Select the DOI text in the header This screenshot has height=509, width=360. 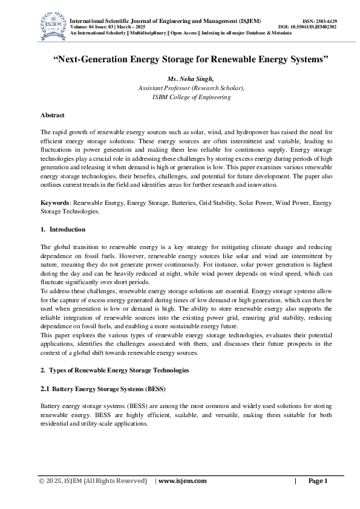307,27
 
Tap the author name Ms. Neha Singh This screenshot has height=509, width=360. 191,79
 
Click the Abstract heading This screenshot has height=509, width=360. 53,114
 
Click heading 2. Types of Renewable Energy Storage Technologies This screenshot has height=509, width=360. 114,370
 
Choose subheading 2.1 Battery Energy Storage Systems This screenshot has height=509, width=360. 102,387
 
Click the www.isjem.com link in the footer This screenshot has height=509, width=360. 182,481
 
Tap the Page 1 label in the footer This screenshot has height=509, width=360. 318,481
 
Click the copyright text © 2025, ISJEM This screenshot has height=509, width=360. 93,481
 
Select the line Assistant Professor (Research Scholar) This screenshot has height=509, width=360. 191,88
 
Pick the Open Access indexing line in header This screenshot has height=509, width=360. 181,33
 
